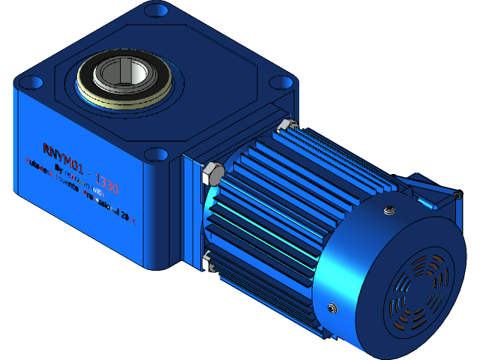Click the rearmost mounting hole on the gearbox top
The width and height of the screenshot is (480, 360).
click(156, 10)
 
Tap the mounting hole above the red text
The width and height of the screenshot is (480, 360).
click(155, 154)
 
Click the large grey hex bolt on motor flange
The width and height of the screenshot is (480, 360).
click(212, 175)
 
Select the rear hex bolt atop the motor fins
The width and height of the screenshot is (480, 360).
click(284, 124)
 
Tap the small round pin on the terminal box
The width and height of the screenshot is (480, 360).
click(456, 196)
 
